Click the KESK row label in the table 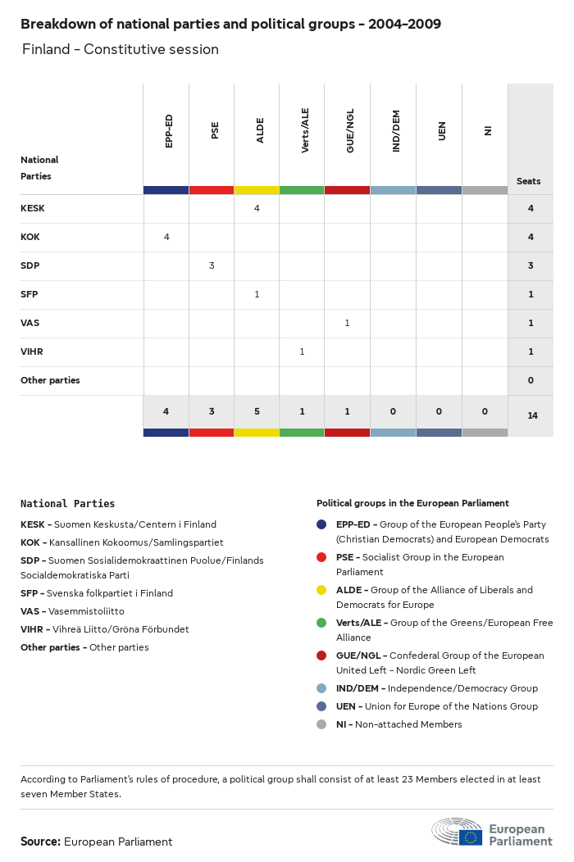pos(33,208)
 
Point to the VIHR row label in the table pos(32,352)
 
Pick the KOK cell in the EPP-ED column pos(166,237)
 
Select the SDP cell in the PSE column pos(212,265)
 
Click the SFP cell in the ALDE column pos(257,294)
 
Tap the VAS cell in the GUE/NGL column pos(347,323)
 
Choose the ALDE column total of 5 pos(257,411)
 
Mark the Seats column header pos(528,181)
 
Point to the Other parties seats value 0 pos(531,380)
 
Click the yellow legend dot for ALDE pos(321,590)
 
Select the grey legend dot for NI pos(321,724)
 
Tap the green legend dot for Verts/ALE pos(321,623)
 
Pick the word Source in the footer pos(40,842)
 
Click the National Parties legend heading pos(67,504)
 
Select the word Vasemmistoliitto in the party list pos(87,611)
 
